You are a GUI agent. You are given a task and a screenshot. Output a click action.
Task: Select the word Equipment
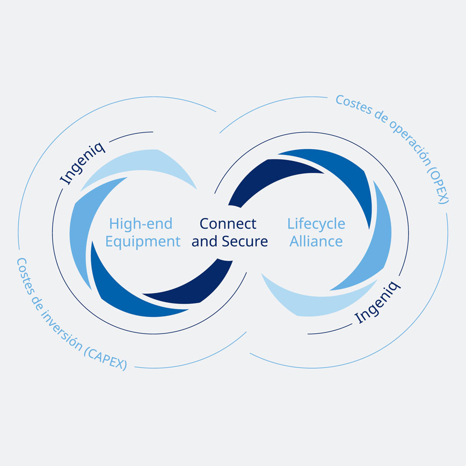click(x=143, y=241)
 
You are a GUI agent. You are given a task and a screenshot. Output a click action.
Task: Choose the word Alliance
click(x=316, y=241)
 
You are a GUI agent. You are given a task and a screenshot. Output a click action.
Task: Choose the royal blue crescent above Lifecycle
click(x=338, y=172)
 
